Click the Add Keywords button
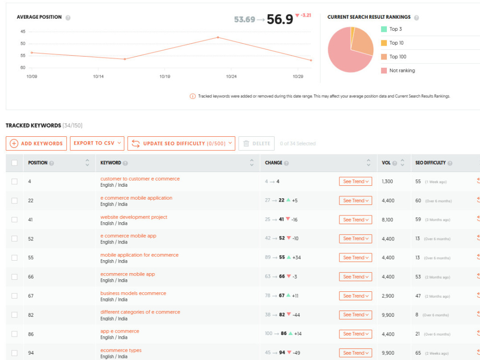point(36,143)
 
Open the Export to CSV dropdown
point(97,143)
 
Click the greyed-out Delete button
point(256,143)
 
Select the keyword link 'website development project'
point(134,217)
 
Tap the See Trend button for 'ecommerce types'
point(355,353)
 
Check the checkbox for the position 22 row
point(14,201)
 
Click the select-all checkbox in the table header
point(14,163)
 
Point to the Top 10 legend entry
point(392,43)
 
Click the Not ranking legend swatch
point(384,71)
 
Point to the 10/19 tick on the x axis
point(165,76)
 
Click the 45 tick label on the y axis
point(23,32)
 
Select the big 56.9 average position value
point(280,19)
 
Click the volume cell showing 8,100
point(387,220)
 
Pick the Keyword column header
point(111,163)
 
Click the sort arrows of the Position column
point(87,163)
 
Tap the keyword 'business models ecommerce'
point(133,293)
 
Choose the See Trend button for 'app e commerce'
point(355,334)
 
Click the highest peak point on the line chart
point(218,37)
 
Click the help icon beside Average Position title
point(68,18)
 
